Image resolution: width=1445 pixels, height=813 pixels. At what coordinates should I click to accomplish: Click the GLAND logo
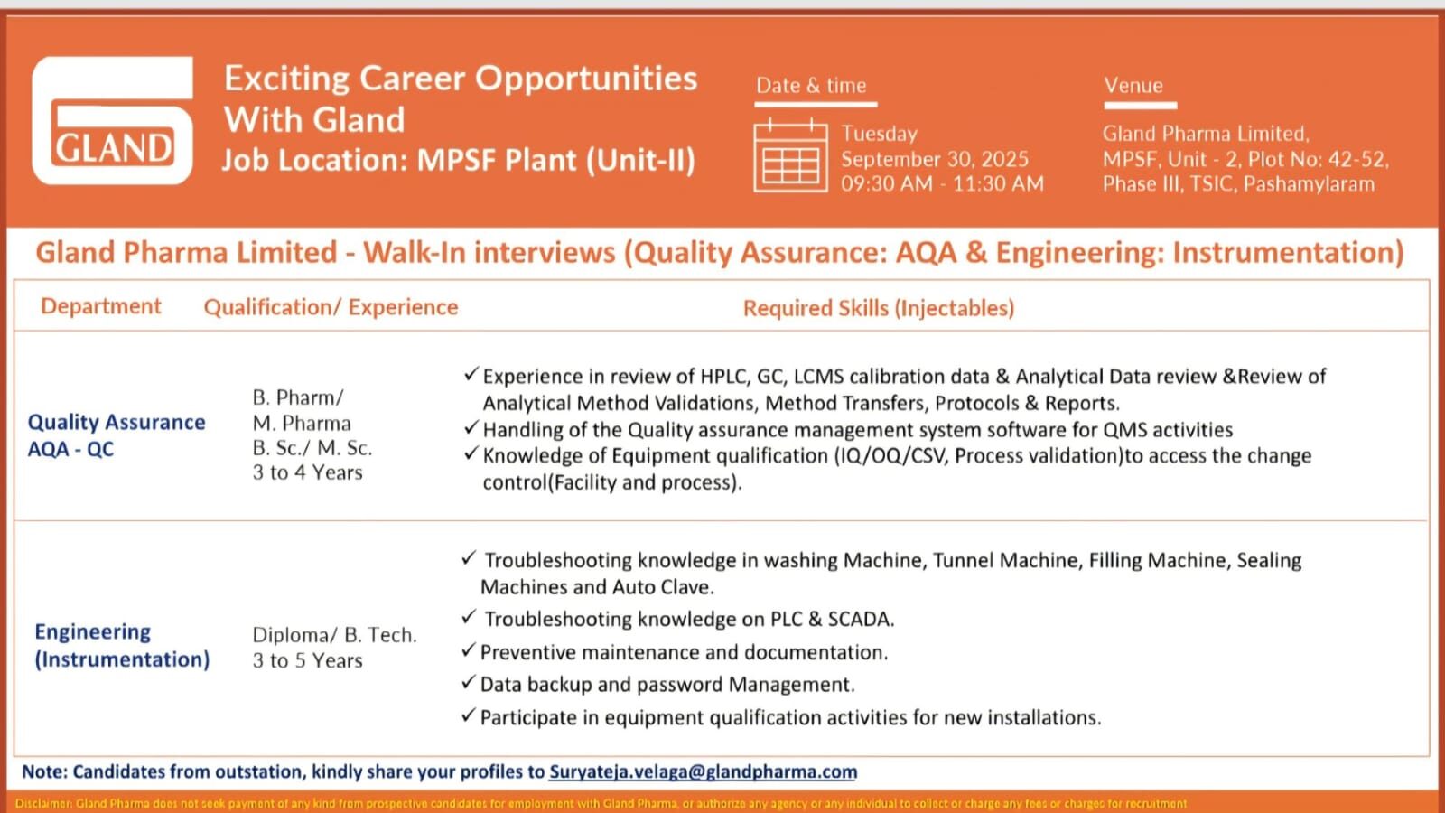113,121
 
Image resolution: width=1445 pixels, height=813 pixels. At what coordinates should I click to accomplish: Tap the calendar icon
790,156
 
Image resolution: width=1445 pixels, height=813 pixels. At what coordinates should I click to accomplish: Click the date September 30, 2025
934,159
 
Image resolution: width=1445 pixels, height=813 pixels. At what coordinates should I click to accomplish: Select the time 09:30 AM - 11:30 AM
942,184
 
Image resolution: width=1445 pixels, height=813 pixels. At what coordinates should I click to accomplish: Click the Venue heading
1133,86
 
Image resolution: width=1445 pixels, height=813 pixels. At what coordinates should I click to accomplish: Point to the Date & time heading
811,86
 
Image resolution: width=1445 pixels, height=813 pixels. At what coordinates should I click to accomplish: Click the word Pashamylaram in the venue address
1309,184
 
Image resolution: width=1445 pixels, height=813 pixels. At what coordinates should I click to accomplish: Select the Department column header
101,307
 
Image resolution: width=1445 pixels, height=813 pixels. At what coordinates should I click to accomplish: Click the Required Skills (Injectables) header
878,308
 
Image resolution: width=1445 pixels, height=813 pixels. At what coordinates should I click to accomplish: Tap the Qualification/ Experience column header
331,308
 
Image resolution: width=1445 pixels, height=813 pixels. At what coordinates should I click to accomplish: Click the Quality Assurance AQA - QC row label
116,435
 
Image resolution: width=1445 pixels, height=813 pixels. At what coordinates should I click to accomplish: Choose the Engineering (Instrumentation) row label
121,645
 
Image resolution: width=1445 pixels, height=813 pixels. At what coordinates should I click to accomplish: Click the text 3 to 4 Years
307,472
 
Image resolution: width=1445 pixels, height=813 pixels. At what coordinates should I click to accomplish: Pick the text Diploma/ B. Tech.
334,635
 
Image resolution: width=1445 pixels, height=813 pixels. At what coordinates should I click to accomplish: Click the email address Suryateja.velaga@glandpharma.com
703,771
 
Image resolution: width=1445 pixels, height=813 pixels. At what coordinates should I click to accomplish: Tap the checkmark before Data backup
468,683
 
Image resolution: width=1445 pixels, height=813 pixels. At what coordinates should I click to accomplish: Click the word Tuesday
879,134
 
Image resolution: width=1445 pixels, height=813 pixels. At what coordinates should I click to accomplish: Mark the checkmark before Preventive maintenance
468,650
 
